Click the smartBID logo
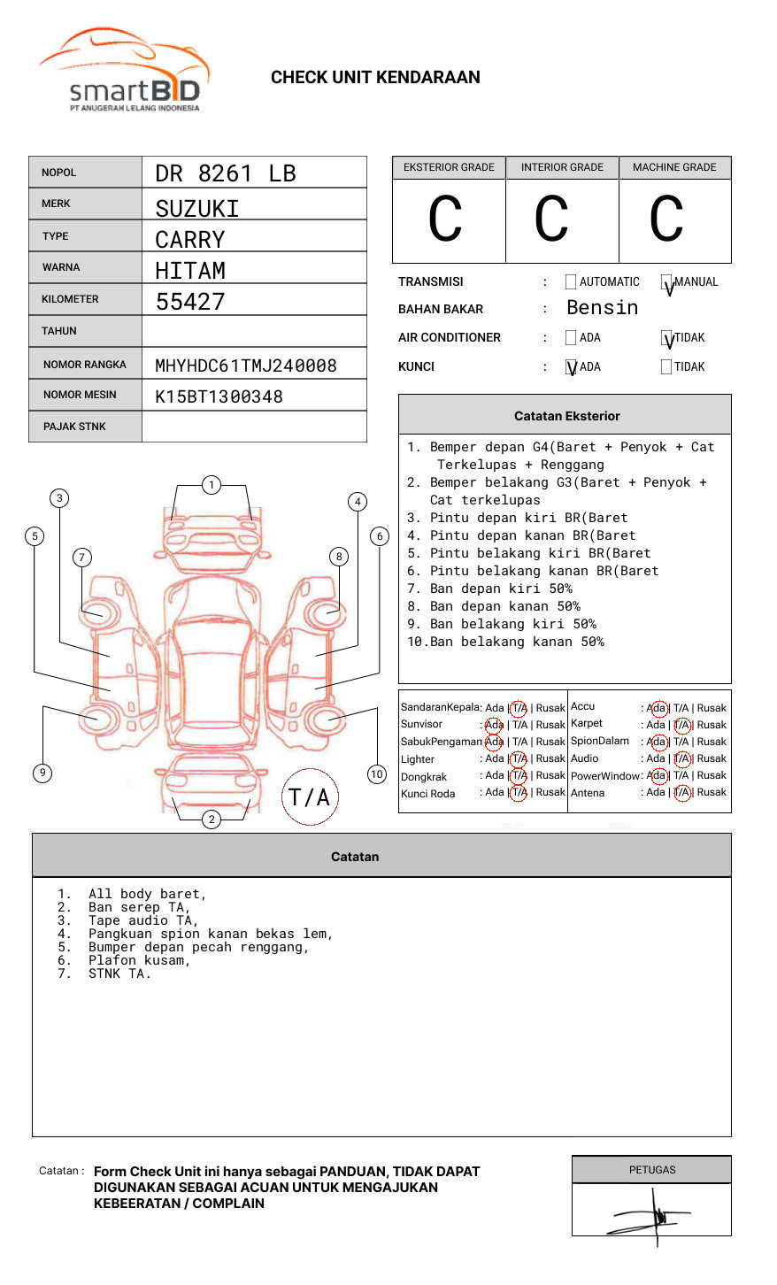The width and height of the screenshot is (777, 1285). coord(124,71)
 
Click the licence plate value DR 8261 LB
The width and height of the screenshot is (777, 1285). coord(225,173)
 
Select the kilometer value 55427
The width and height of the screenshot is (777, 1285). coord(190,302)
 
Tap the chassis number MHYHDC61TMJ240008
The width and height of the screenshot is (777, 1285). coord(245,365)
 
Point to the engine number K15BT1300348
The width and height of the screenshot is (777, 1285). coord(219,396)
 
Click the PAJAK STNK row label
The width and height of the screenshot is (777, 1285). coord(74,427)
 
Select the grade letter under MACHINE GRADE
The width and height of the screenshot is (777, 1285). coord(665,219)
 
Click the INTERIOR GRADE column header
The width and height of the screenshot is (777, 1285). coord(562,167)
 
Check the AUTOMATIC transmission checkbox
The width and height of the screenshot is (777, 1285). coord(571,282)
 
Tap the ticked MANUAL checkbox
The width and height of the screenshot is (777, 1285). coord(666,282)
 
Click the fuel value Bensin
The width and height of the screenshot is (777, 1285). coord(602,308)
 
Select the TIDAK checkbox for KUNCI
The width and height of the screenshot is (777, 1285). coord(666,366)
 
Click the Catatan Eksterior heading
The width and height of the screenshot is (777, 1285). coord(566,416)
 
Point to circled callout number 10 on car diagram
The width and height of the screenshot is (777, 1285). coord(377,773)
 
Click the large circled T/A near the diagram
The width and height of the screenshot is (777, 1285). coord(309,797)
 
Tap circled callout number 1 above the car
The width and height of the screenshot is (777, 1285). coord(211,484)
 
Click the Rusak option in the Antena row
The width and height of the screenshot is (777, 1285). coord(712,792)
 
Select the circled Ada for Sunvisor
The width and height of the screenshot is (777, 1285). coord(494,725)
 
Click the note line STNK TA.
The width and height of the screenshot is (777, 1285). coord(119,973)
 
